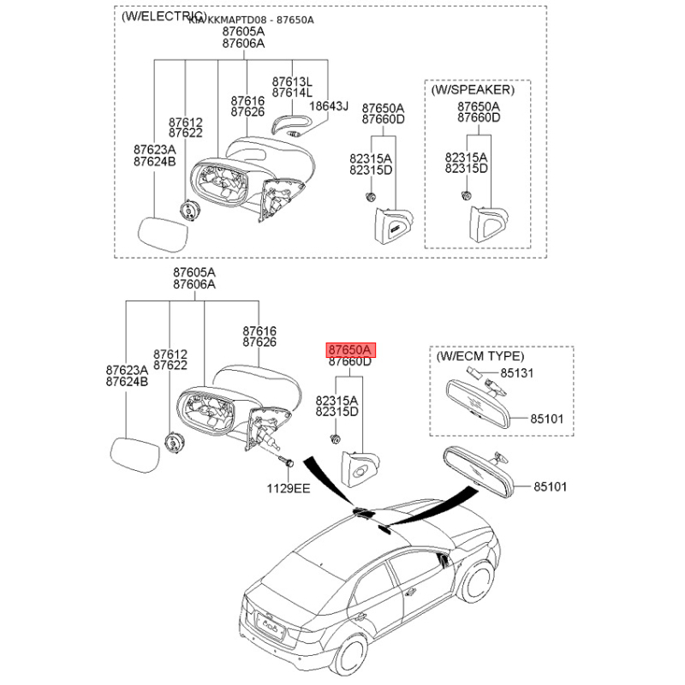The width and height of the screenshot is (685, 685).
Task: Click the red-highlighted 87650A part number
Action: (349, 350)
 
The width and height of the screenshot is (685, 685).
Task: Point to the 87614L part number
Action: (292, 92)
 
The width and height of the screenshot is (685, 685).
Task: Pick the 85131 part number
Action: (517, 373)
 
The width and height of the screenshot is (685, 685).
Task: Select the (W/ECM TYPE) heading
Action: (479, 355)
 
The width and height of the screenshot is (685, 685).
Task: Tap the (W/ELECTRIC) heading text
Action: (164, 16)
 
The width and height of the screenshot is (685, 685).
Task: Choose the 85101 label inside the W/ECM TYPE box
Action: (547, 419)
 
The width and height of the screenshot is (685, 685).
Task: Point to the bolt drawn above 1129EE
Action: (287, 462)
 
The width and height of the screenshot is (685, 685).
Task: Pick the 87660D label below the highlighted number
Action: (349, 362)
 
